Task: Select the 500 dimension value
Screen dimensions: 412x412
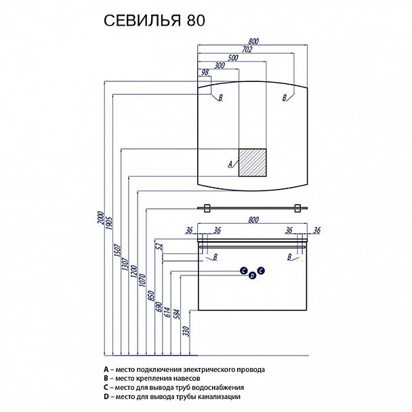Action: [x=232, y=58]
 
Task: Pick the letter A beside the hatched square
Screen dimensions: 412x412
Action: [x=230, y=164]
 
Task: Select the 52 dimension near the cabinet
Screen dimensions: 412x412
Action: [x=160, y=248]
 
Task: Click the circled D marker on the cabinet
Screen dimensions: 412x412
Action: [x=253, y=275]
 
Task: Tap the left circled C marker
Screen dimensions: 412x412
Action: [x=243, y=270]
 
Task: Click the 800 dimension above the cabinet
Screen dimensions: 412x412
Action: [x=253, y=219]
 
